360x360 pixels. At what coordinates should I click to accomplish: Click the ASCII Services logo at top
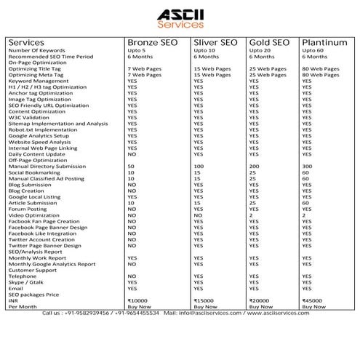(x=179, y=17)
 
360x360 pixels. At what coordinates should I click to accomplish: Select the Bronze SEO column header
(x=153, y=42)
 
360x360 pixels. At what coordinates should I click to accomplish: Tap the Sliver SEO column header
(x=216, y=42)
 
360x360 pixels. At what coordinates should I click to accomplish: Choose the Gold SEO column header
(x=270, y=42)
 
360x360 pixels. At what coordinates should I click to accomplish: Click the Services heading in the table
(x=27, y=42)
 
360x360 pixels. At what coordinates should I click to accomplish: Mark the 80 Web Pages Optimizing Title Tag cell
(x=320, y=68)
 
